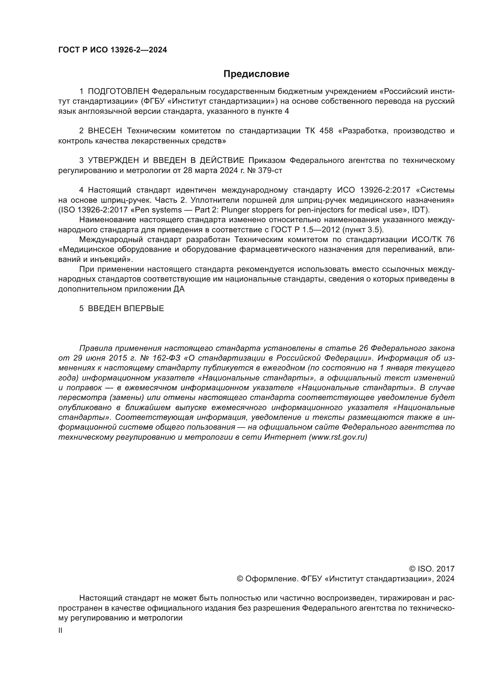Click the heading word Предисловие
(x=256, y=74)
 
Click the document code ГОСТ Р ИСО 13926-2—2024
(x=113, y=50)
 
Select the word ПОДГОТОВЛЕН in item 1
(x=118, y=92)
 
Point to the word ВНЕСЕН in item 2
(x=105, y=131)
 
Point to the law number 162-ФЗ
(x=167, y=358)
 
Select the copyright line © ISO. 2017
(x=431, y=569)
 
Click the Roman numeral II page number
(x=60, y=630)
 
